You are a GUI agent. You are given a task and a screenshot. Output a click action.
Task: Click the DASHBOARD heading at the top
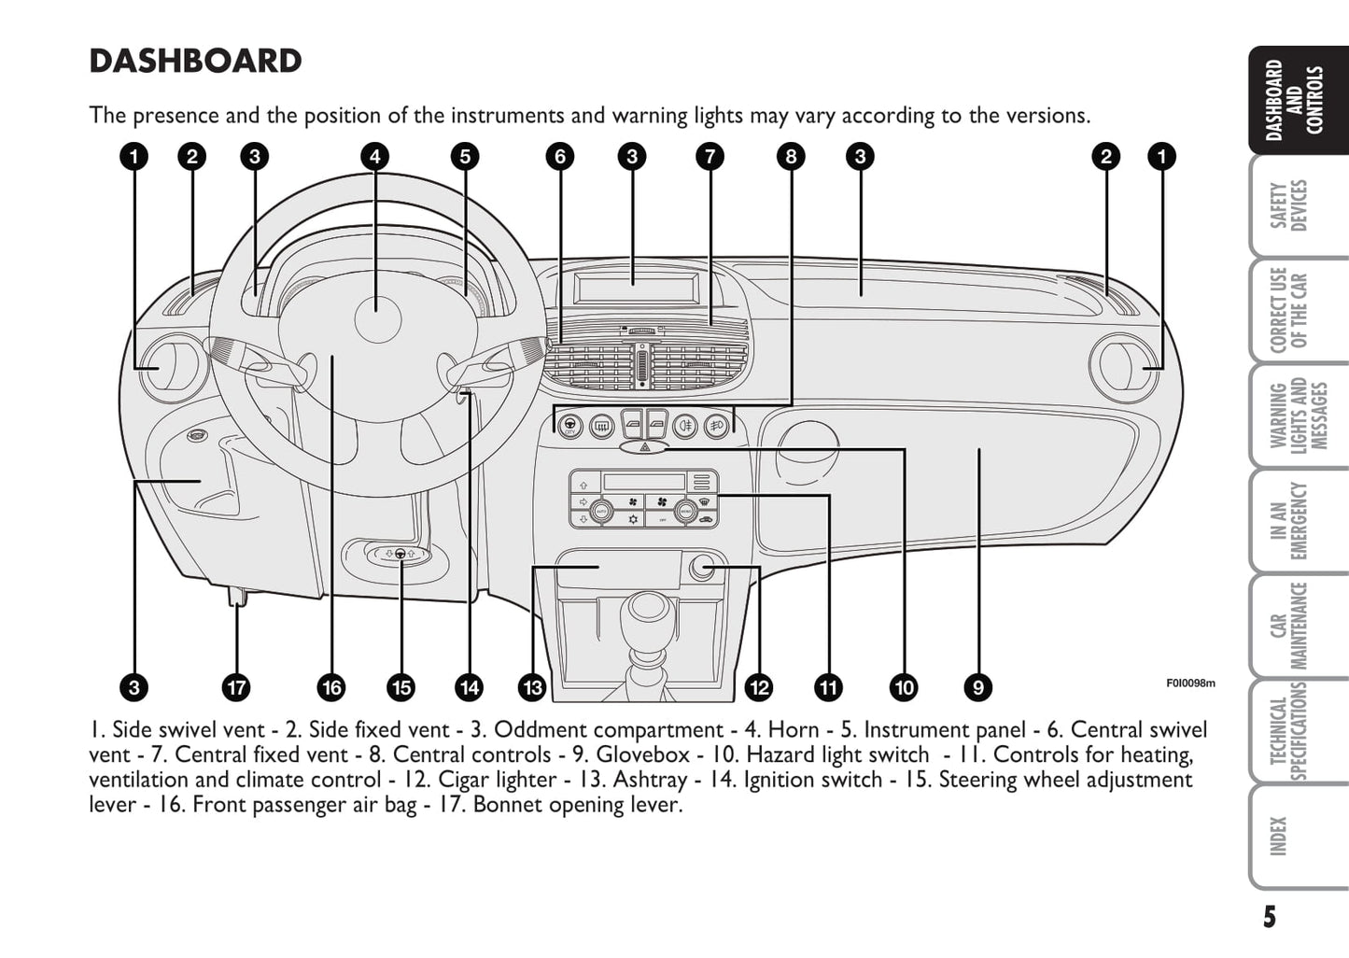[195, 62]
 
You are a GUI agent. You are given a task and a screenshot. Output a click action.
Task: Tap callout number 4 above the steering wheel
[374, 156]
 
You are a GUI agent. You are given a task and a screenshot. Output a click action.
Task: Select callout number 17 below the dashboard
[236, 688]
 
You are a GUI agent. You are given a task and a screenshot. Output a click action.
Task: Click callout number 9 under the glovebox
[977, 688]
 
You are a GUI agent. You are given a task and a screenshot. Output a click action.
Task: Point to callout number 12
[759, 688]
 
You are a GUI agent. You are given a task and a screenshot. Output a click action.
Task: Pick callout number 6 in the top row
[559, 156]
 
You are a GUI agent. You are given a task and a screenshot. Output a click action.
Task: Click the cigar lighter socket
[702, 567]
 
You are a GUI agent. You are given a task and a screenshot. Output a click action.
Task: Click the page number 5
[1269, 917]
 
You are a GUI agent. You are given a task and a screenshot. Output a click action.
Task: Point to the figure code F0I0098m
[1190, 683]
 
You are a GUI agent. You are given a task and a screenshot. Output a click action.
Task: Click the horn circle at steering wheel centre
[377, 317]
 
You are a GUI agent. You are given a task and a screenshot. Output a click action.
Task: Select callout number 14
[469, 688]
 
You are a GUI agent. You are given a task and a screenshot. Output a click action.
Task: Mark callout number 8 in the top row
[791, 156]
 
